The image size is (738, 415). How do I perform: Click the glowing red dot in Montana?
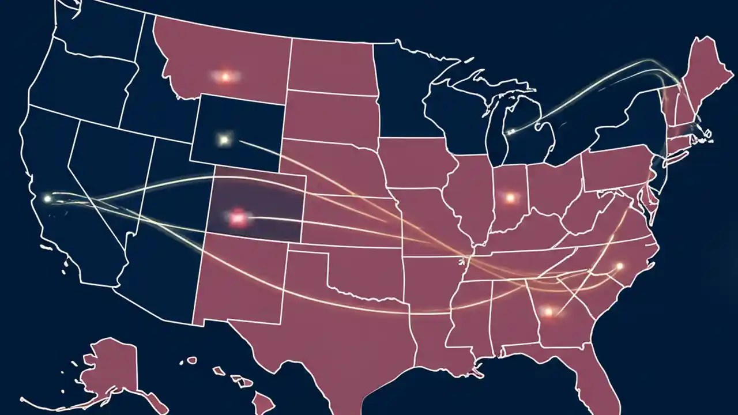(x=225, y=76)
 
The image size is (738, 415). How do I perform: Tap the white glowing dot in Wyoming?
(x=224, y=139)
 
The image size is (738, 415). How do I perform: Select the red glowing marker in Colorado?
(x=237, y=217)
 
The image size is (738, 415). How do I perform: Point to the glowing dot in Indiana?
(x=510, y=198)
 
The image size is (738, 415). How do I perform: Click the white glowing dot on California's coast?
(x=47, y=199)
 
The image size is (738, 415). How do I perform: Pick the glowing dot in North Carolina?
(x=620, y=266)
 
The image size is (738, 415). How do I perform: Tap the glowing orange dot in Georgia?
(x=548, y=312)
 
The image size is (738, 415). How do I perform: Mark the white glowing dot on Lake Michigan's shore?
(x=510, y=132)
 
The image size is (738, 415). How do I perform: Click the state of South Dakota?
(x=332, y=115)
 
